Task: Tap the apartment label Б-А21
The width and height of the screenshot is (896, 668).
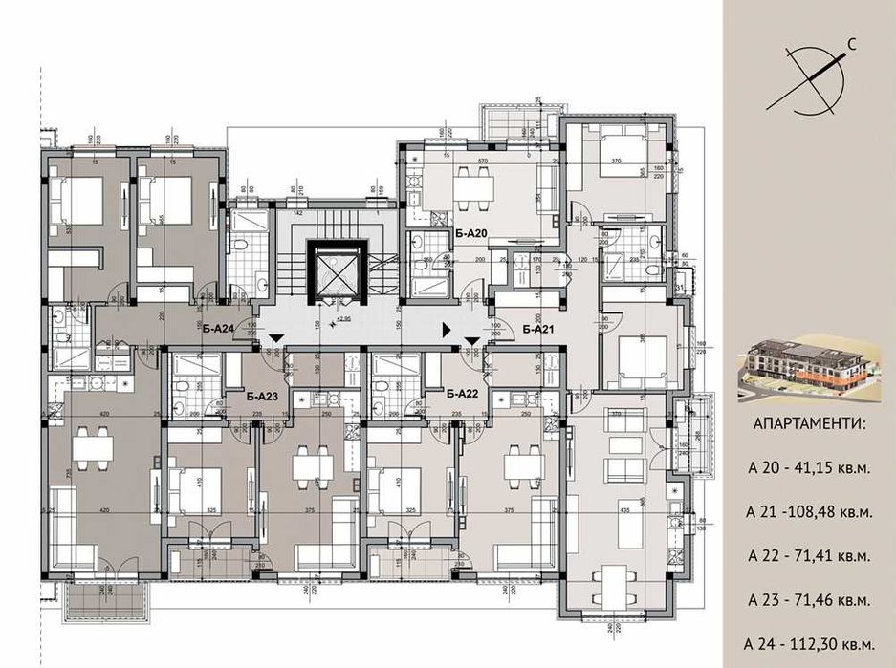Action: tap(539, 329)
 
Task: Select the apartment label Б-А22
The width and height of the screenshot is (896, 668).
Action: tap(462, 393)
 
